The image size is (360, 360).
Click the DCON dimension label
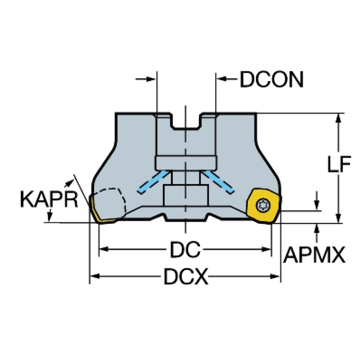272,79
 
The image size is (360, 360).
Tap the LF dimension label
339,164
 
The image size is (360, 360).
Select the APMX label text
314,255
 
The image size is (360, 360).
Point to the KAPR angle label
49,199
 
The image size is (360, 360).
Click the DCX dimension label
186,276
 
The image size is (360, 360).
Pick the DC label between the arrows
185,249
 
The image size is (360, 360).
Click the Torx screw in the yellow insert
263,205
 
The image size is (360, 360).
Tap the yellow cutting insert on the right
263,206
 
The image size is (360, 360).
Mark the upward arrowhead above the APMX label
317,229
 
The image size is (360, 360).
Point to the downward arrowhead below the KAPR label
49,217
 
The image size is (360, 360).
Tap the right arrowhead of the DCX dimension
275,276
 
